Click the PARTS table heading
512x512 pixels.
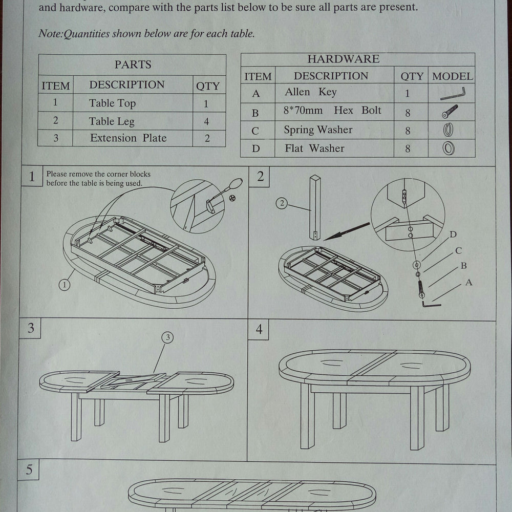tap(133, 65)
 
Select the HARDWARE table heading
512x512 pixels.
tap(343, 59)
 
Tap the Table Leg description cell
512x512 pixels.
tap(112, 121)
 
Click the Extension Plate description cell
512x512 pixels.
tap(128, 138)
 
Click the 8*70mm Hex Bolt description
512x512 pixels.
tap(333, 111)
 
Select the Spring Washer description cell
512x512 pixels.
tap(318, 130)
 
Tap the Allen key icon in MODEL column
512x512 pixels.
tap(453, 94)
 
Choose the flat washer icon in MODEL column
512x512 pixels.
tap(449, 149)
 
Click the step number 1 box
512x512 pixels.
tap(32, 177)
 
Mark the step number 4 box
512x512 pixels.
tap(259, 330)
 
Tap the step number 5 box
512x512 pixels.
tap(29, 470)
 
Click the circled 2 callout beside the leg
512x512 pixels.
tap(282, 203)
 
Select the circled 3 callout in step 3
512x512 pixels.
tap(167, 337)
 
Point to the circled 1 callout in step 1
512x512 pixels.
tap(64, 285)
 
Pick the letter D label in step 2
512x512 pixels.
tap(453, 235)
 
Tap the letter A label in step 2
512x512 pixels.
tap(468, 282)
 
